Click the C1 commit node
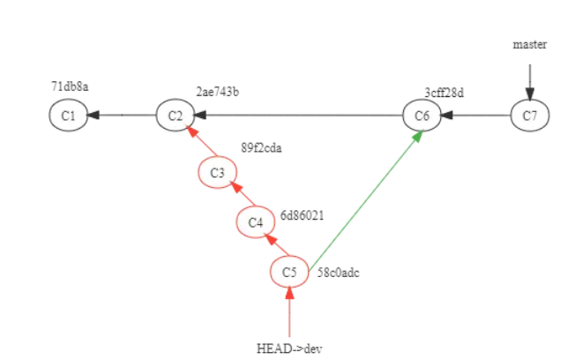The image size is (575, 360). (x=68, y=116)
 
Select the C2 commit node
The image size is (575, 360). (x=175, y=116)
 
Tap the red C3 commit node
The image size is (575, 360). (x=217, y=171)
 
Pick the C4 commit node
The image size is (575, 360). (x=256, y=222)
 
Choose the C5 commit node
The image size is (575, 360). (x=289, y=273)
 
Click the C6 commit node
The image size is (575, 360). (x=422, y=116)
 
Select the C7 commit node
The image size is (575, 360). (x=530, y=116)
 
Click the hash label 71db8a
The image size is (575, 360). (x=70, y=86)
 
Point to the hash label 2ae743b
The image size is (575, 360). (x=219, y=91)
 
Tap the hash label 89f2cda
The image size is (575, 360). (x=262, y=147)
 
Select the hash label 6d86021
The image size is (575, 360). (x=302, y=214)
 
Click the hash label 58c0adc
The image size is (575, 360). (x=339, y=273)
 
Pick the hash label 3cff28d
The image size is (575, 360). (x=444, y=91)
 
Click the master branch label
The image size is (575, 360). (x=530, y=44)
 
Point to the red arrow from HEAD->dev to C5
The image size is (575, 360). (x=289, y=313)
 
